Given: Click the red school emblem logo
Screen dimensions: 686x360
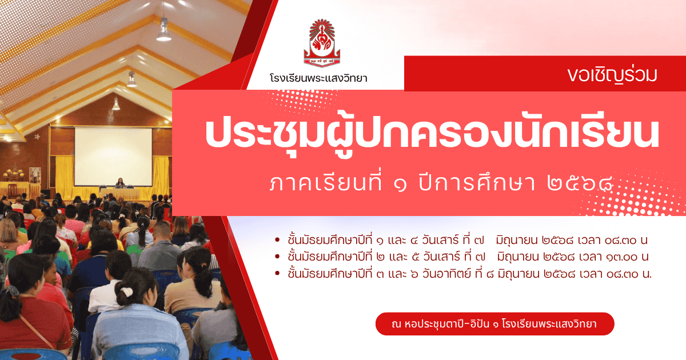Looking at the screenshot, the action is click(x=322, y=43).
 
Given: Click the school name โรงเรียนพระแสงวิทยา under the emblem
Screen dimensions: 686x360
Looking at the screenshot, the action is click(x=318, y=78).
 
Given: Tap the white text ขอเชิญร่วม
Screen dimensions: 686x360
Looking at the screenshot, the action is click(x=612, y=75).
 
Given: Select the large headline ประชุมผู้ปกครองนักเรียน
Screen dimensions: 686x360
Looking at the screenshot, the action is click(x=432, y=135).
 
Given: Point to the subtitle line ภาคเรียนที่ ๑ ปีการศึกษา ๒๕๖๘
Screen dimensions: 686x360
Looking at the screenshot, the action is click(x=441, y=183).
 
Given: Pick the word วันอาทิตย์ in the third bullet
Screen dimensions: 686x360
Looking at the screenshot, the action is click(x=446, y=273).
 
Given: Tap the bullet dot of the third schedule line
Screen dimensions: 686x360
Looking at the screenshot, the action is click(x=277, y=273).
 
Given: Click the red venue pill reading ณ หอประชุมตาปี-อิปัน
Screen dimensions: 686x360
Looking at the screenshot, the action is click(x=494, y=324).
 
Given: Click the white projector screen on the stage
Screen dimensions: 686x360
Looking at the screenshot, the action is click(x=113, y=157).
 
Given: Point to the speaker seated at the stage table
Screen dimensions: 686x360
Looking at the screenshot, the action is click(x=120, y=183).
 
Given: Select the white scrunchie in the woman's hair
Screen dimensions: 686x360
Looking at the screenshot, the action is click(x=126, y=292).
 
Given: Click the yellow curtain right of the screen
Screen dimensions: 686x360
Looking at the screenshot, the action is click(x=161, y=173).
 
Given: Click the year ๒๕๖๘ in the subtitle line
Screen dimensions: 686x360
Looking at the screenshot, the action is click(x=580, y=183).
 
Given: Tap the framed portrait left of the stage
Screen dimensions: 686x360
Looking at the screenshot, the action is click(x=35, y=175).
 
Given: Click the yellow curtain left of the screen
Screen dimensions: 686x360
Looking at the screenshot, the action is click(x=65, y=173).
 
